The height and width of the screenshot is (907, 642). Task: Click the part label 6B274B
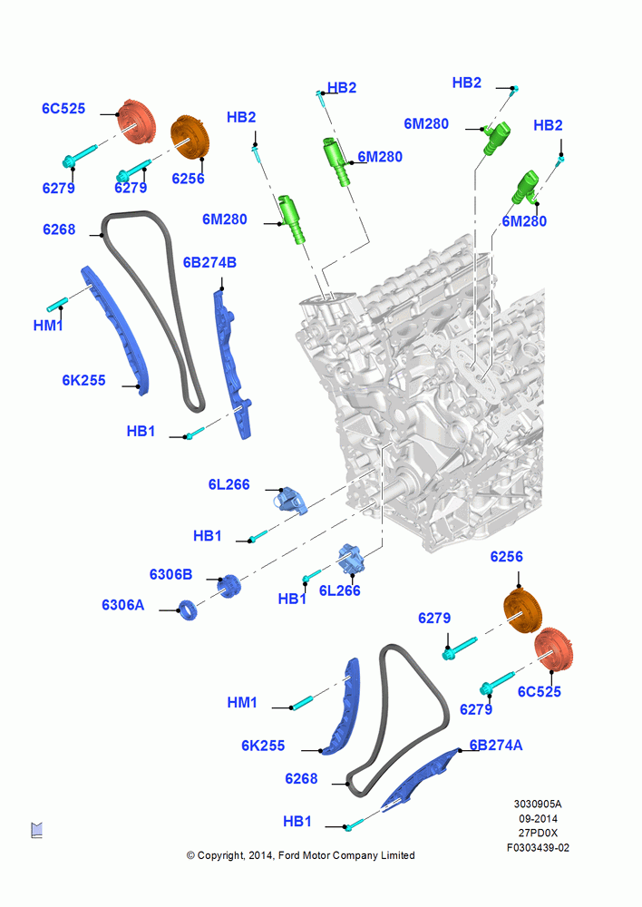pyautogui.click(x=209, y=263)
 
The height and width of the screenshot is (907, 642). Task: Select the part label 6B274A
pyautogui.click(x=496, y=745)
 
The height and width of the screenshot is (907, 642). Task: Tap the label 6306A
pyautogui.click(x=122, y=605)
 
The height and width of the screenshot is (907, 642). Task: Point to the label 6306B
pyautogui.click(x=170, y=574)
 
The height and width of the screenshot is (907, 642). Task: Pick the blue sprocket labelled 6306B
pyautogui.click(x=229, y=587)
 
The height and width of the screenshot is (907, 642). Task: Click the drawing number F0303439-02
pyautogui.click(x=538, y=847)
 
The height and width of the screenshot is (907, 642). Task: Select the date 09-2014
pyautogui.click(x=538, y=818)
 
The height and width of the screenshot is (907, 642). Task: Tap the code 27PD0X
pyautogui.click(x=538, y=833)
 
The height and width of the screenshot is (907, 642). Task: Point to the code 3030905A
pyautogui.click(x=538, y=804)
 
